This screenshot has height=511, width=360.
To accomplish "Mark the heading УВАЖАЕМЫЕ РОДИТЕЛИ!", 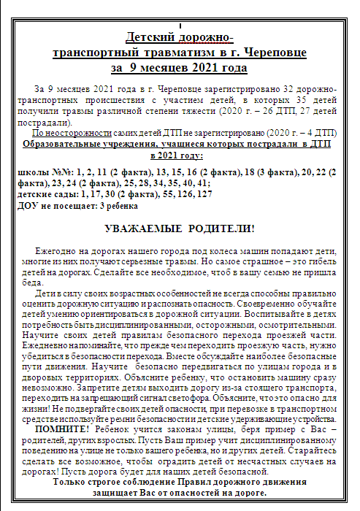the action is [x=179, y=228].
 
